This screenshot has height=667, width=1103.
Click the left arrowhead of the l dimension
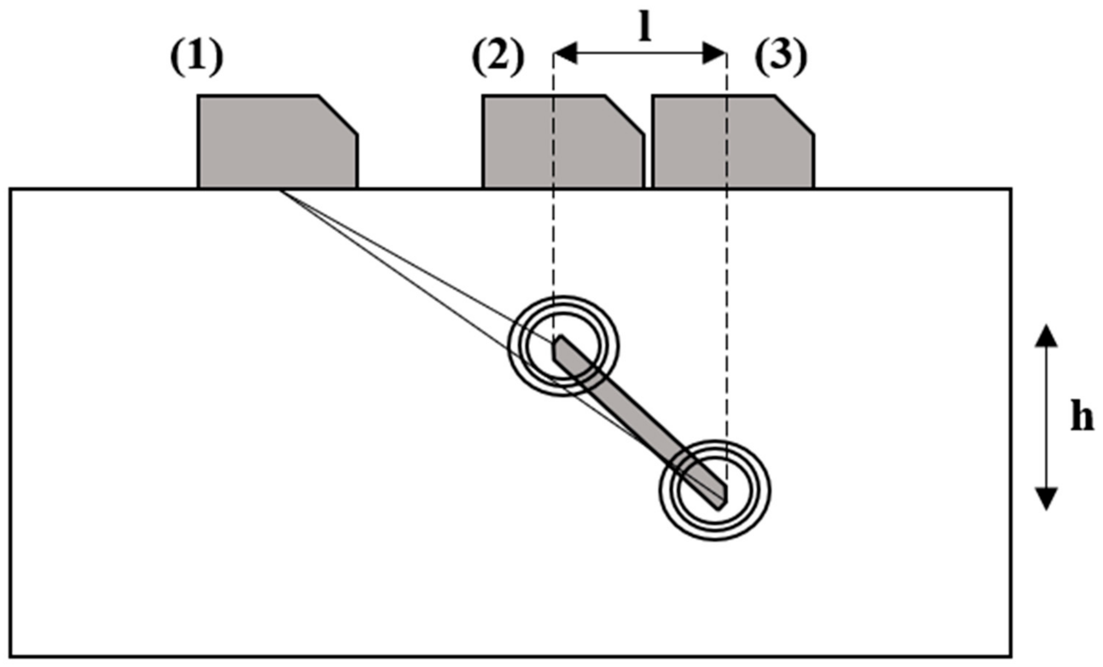[565, 53]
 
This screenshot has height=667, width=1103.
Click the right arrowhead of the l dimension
[714, 53]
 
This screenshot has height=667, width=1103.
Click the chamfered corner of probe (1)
[338, 115]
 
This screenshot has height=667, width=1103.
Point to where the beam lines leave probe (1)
[281, 190]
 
